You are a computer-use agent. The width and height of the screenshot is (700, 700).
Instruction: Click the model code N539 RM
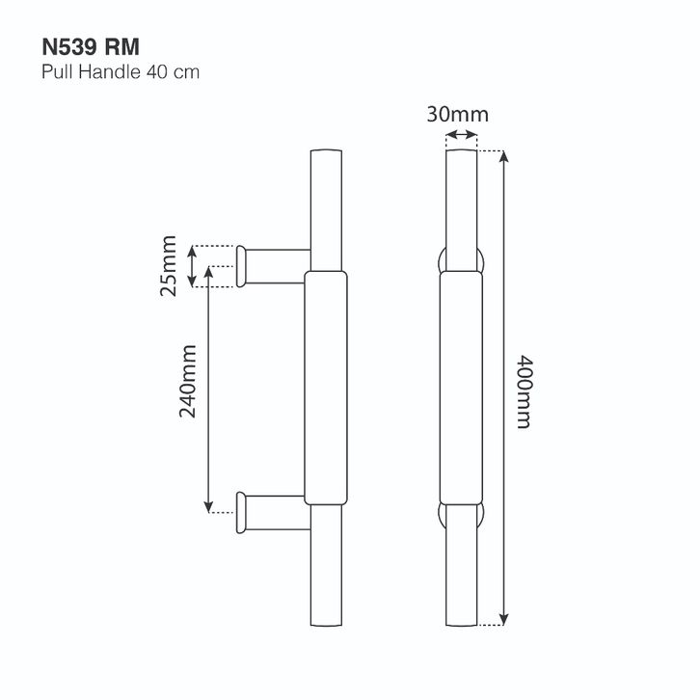(91, 47)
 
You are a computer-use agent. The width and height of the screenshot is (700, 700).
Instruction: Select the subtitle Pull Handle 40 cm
(121, 72)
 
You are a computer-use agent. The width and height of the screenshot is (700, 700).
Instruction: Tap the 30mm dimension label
(458, 115)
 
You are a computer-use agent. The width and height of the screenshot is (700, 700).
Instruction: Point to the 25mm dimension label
(169, 265)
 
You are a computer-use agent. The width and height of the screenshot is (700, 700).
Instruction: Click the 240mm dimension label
(188, 381)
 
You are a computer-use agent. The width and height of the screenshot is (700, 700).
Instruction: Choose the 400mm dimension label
(524, 391)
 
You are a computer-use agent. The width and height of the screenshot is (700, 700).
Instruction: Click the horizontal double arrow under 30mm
(462, 134)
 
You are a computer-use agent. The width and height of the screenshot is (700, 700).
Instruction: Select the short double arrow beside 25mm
(192, 266)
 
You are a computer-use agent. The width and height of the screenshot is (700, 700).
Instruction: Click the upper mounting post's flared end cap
(241, 266)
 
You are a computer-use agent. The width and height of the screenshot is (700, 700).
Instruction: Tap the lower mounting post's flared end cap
(241, 513)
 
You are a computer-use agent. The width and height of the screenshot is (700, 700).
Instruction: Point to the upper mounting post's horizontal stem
(277, 266)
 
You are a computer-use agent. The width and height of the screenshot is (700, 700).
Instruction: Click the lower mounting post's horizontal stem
(277, 513)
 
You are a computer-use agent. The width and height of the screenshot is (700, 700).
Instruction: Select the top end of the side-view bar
(326, 150)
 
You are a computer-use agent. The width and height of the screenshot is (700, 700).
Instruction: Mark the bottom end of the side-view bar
(326, 625)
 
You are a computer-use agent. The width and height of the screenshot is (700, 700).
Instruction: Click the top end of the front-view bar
(462, 150)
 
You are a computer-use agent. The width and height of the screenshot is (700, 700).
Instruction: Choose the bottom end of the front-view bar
(462, 625)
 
